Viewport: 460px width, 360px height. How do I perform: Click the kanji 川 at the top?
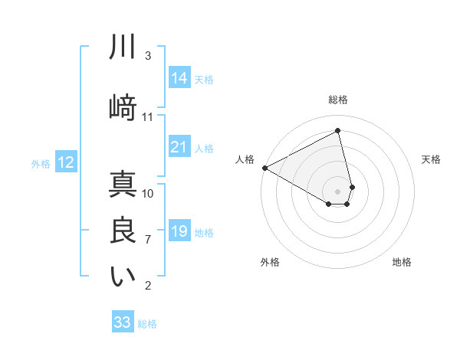coord(123,47)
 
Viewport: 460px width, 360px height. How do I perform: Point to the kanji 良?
coord(123,231)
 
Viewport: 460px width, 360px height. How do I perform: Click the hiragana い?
coord(123,277)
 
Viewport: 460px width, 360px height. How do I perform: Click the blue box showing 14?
coord(179,78)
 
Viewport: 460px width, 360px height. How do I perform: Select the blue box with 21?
coord(179,147)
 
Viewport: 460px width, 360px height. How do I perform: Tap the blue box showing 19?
coord(179,231)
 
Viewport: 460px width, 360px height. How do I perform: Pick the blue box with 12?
coord(66,162)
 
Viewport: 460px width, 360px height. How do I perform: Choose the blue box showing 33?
coord(123,322)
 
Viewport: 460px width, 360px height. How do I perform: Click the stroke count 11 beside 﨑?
coord(148,117)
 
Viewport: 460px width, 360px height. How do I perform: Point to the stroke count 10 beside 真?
coord(148,193)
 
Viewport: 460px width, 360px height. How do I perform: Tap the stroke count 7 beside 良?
coord(148,240)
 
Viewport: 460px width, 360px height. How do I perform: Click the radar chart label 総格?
coord(337,100)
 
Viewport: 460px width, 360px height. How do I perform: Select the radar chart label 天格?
coord(431,159)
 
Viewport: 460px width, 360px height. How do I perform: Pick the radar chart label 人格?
coord(245,159)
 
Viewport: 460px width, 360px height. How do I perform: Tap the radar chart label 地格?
coord(402,262)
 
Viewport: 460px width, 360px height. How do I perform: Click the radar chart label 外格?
coord(270,262)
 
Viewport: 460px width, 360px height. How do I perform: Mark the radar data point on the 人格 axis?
coord(264,168)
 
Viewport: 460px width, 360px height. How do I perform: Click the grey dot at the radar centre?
coord(337,191)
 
